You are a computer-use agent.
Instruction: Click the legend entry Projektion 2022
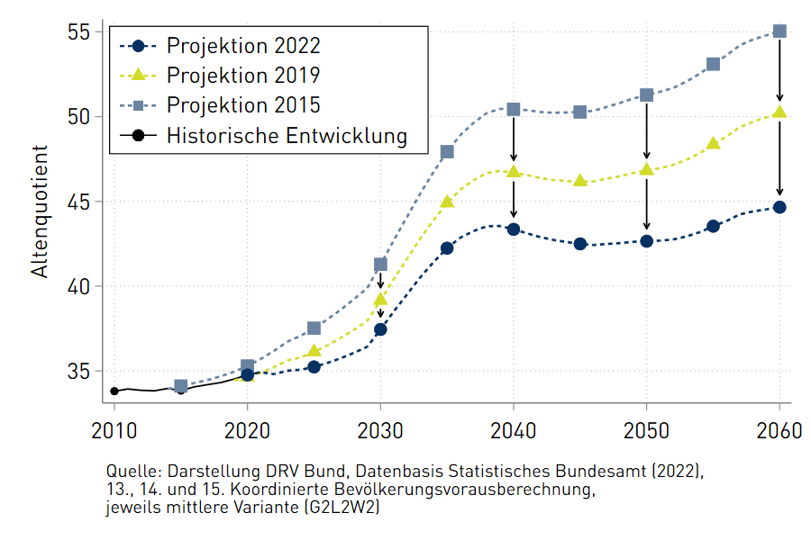[243, 46]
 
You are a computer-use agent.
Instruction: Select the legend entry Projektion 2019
[243, 76]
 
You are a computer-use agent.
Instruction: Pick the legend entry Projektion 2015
[243, 105]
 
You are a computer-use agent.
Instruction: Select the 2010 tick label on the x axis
[114, 430]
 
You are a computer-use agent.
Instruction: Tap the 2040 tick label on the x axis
[514, 430]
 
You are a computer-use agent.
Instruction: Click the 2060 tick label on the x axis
[779, 430]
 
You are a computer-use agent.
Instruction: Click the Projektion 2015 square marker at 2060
[780, 31]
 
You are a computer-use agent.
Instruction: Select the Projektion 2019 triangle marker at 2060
[780, 112]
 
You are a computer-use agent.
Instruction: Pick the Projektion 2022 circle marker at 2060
[780, 207]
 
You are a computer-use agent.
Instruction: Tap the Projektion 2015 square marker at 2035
[447, 152]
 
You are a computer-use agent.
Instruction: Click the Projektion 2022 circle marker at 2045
[580, 244]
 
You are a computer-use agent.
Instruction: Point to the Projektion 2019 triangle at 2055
[714, 143]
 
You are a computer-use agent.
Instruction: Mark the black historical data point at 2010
[114, 391]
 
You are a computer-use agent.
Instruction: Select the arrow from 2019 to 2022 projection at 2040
[514, 200]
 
